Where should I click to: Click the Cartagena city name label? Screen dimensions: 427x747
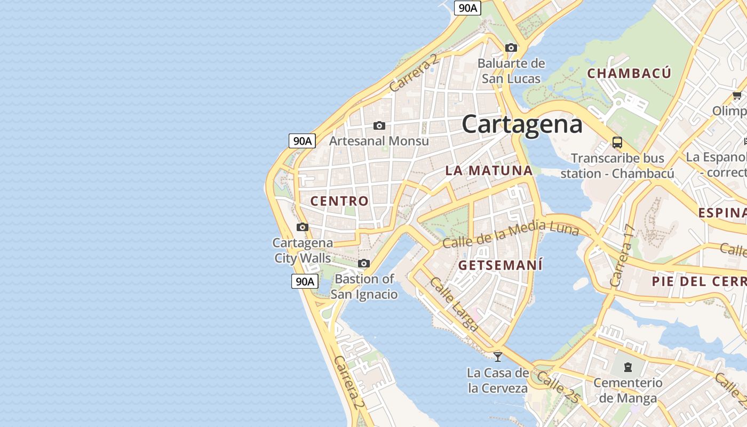tap(522, 124)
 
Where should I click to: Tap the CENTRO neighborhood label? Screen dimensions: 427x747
tap(339, 201)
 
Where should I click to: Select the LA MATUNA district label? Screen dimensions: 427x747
tap(489, 171)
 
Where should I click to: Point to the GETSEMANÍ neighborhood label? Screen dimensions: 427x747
tap(500, 265)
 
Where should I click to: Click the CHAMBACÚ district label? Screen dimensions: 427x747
tap(629, 74)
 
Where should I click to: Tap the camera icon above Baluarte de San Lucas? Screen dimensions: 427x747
tap(511, 48)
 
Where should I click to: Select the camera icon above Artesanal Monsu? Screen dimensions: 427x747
tap(379, 126)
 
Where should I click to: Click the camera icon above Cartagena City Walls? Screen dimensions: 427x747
tap(303, 227)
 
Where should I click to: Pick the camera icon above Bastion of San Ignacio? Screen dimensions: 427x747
tap(364, 264)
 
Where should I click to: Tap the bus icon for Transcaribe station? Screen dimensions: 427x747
tap(617, 143)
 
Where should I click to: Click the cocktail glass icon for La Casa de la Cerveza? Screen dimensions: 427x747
tap(498, 357)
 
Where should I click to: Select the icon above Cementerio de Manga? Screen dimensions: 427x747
tap(628, 367)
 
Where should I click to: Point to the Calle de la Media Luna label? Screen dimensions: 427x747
tap(511, 234)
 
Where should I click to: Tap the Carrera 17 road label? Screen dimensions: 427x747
tap(623, 256)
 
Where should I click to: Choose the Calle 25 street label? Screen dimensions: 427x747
tap(558, 386)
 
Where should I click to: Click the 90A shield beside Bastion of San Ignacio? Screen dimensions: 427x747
tap(305, 281)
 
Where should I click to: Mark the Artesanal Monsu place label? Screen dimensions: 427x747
tap(379, 141)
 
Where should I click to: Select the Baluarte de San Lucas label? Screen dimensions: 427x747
tap(511, 71)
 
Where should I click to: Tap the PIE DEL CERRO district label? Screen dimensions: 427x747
tap(699, 281)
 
